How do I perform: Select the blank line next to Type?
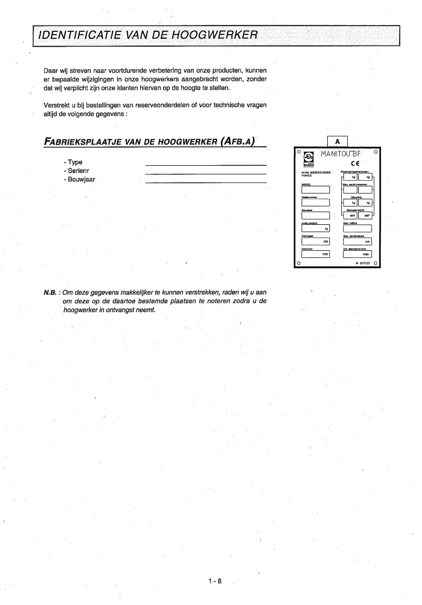coord(206,164)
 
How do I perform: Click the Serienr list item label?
coord(76,170)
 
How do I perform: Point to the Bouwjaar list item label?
coord(79,179)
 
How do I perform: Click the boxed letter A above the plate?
coord(337,141)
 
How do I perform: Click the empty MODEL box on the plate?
coord(315,190)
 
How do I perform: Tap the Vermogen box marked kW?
coord(315,242)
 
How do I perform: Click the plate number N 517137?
coord(364,263)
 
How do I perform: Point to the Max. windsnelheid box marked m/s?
coord(357,242)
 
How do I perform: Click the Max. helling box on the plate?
coord(357,229)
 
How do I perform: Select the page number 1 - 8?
coord(215,581)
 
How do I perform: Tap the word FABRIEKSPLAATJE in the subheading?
coord(82,142)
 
